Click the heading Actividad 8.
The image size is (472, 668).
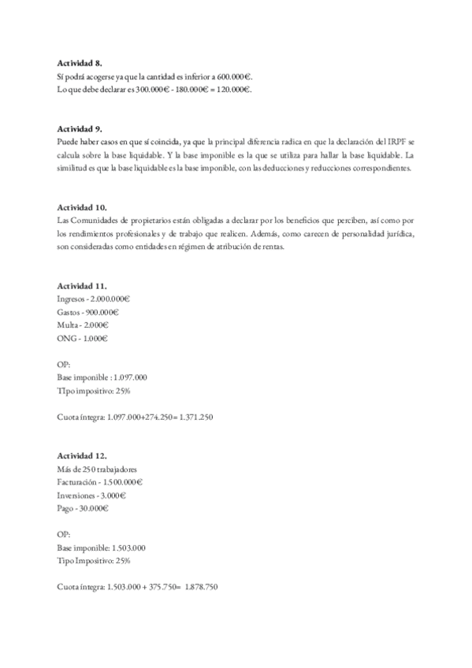pyautogui.click(x=80, y=62)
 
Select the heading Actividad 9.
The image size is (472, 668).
pyautogui.click(x=80, y=128)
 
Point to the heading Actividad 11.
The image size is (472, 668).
pyautogui.click(x=83, y=284)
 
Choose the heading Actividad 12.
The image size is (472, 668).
pyautogui.click(x=83, y=455)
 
